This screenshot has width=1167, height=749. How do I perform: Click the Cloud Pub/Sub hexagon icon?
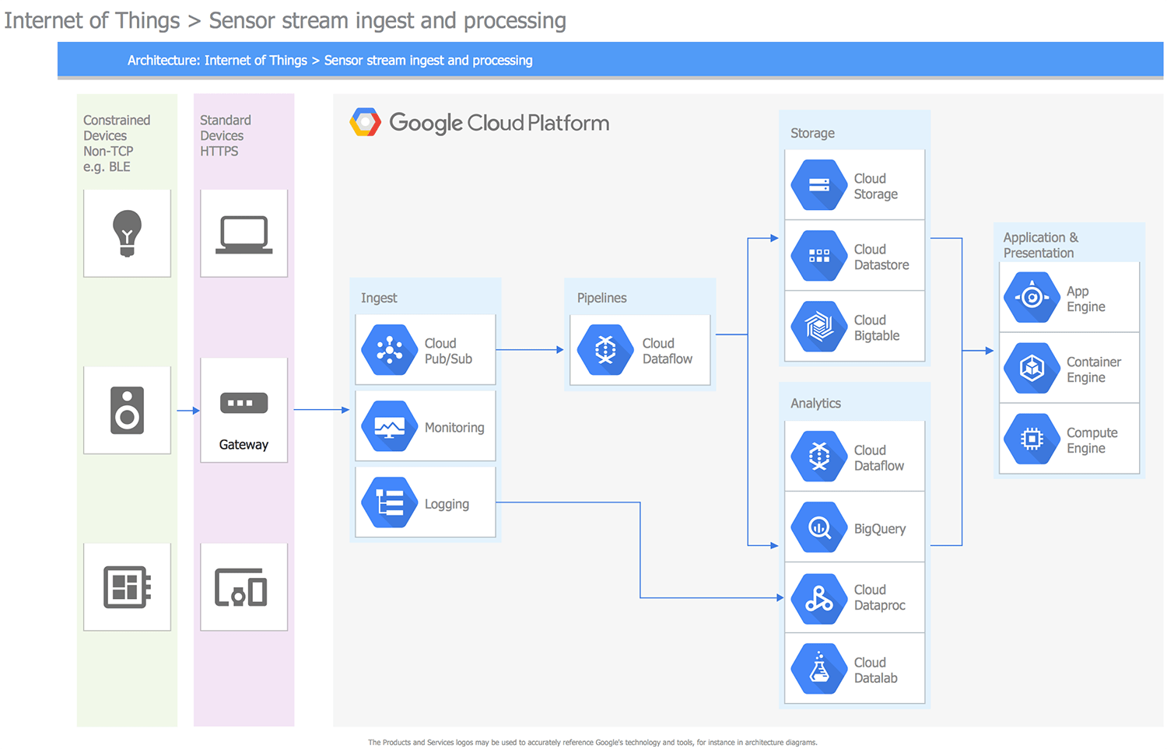(x=390, y=350)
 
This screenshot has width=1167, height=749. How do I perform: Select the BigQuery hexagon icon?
(x=819, y=527)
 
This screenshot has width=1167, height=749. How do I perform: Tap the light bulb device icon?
(x=128, y=233)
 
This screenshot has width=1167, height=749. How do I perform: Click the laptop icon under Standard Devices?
(x=244, y=233)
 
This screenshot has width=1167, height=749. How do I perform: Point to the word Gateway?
(x=244, y=445)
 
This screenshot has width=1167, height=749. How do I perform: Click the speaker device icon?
(x=128, y=410)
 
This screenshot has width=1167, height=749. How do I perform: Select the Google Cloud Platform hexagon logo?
(x=365, y=122)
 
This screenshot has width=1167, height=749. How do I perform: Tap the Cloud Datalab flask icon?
(x=819, y=669)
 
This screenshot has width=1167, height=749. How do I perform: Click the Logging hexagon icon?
(x=390, y=502)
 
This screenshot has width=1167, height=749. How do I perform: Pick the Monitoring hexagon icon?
(x=390, y=426)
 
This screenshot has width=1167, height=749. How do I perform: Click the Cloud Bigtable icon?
(x=819, y=327)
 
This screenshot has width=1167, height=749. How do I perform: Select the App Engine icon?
(x=1032, y=297)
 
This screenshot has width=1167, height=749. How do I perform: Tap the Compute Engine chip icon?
(x=1032, y=439)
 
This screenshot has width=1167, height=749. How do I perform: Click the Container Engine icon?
(x=1032, y=368)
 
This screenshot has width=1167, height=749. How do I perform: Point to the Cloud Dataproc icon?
(x=819, y=598)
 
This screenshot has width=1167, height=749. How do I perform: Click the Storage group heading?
(x=812, y=133)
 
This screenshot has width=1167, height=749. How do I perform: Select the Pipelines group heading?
(x=601, y=298)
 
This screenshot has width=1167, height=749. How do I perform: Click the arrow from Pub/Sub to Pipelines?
(x=529, y=350)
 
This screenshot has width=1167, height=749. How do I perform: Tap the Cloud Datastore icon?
(x=819, y=256)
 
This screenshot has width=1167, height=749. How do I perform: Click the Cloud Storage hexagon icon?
(x=819, y=185)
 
